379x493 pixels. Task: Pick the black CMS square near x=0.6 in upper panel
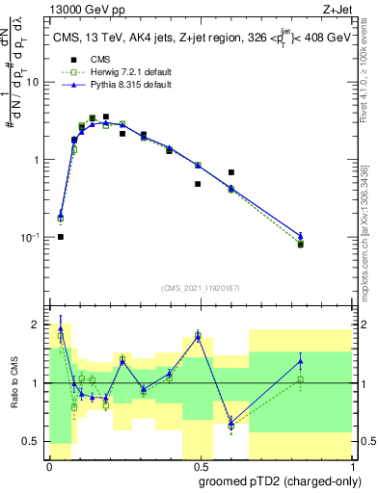pyautogui.click(x=231, y=172)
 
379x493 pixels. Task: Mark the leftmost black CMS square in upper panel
pyautogui.click(x=60, y=236)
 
